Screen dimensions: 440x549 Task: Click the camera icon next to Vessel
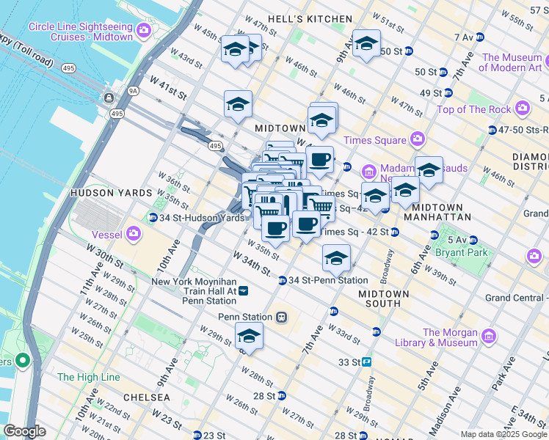[133, 234]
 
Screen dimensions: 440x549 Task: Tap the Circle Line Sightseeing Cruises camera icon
[143, 32]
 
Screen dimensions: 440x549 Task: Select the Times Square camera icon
[417, 139]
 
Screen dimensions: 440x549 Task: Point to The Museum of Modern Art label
[512, 62]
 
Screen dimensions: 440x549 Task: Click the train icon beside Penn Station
[281, 318]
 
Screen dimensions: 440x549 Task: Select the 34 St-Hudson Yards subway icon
[153, 218]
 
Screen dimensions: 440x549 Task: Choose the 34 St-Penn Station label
[328, 280]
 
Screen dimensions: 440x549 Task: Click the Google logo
[24, 431]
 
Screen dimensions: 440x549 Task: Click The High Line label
[88, 377]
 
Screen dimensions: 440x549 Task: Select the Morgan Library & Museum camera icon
[489, 337]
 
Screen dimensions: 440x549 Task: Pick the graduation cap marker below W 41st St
[238, 105]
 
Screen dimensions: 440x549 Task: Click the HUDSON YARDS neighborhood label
[102, 193]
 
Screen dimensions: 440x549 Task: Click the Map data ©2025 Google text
[503, 434]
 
